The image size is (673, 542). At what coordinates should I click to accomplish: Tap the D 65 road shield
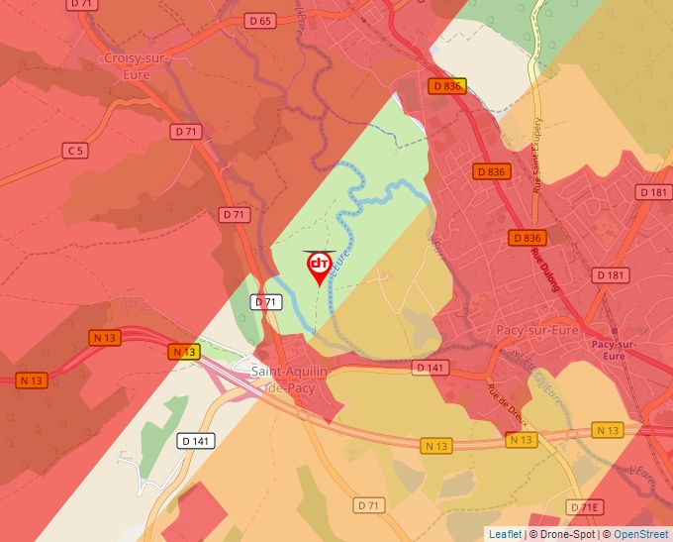tap(260, 20)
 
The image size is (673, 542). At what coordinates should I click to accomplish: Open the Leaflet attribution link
tap(505, 534)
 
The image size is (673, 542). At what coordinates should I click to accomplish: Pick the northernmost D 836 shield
tap(446, 86)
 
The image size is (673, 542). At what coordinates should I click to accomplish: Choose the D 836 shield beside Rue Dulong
tap(529, 238)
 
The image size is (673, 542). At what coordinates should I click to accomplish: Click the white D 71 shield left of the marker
tap(265, 302)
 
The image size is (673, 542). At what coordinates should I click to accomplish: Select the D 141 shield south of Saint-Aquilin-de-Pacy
tap(195, 440)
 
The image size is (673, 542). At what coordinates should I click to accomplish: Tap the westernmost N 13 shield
tap(32, 379)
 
